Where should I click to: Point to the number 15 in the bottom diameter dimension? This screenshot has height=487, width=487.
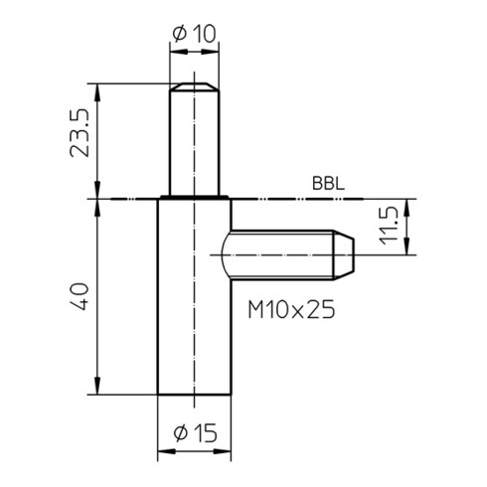205,433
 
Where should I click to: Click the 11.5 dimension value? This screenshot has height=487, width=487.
389,228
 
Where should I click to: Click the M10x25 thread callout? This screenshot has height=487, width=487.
289,311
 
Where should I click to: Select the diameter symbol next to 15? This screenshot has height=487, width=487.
180,433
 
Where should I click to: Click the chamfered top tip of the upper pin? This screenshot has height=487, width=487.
194,88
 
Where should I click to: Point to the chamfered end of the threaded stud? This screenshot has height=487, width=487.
345,255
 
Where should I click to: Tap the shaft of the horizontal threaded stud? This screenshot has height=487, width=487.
283,255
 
